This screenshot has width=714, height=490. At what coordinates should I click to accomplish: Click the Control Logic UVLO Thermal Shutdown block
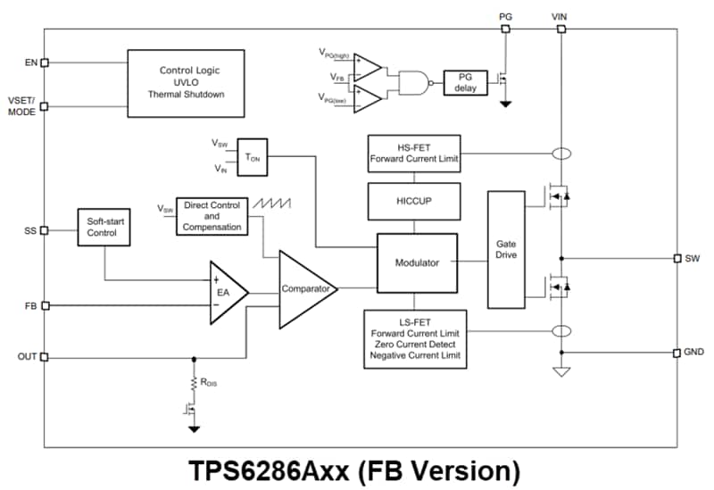186,82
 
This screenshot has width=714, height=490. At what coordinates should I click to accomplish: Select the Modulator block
416,262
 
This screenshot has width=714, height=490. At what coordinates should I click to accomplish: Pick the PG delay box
466,82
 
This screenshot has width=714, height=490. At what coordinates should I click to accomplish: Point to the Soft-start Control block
104,228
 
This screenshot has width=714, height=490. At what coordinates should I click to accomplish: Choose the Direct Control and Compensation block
212,217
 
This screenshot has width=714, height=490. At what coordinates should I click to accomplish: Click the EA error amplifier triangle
224,291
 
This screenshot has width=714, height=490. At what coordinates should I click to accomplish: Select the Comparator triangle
305,288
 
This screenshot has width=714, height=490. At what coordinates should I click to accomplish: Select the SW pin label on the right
693,258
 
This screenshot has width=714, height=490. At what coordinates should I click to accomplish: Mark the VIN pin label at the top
560,15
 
